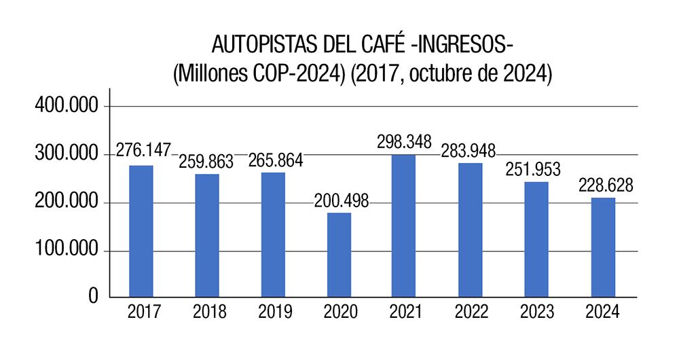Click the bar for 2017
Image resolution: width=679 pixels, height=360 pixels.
coord(141,231)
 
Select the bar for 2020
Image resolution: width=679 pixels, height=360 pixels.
coord(339,255)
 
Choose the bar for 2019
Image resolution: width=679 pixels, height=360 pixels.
coord(273,234)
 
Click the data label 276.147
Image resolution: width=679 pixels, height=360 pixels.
coord(143,149)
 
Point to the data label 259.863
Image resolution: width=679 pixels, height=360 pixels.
coord(206,162)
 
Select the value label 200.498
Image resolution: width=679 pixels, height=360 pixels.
coord(340,202)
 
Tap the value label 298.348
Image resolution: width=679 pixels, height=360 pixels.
coord(405,143)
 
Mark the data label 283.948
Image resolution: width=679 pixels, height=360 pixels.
coord(468,150)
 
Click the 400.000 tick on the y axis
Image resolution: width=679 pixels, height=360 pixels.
coord(66,107)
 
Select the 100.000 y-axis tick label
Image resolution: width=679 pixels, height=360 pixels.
coord(66,251)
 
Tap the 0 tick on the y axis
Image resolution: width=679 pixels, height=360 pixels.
coord(93,296)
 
